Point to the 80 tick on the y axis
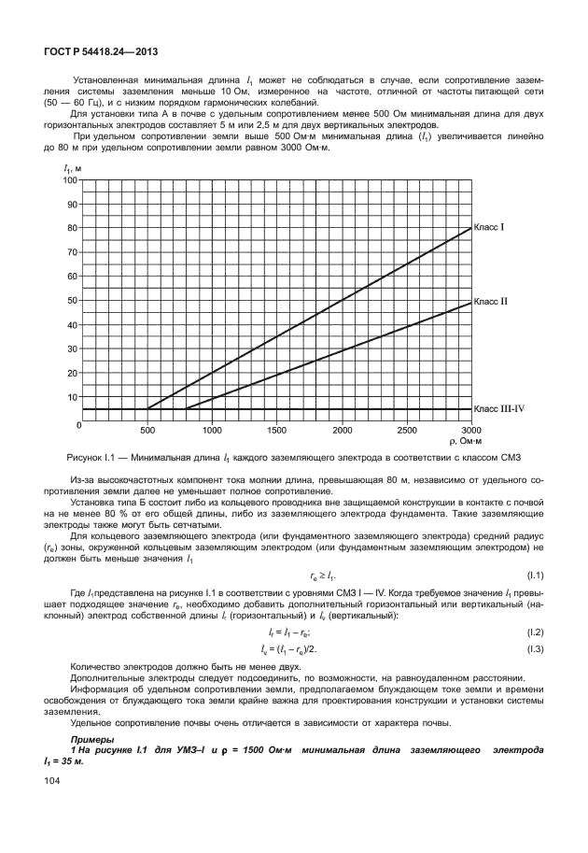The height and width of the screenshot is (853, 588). pyautogui.click(x=71, y=228)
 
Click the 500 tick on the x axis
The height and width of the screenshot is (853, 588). pyautogui.click(x=147, y=432)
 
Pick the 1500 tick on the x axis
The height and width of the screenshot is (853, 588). pyautogui.click(x=277, y=432)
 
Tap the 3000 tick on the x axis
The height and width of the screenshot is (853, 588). pyautogui.click(x=472, y=432)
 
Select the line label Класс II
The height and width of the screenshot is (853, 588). pyautogui.click(x=492, y=302)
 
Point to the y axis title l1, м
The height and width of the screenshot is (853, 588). pyautogui.click(x=72, y=166)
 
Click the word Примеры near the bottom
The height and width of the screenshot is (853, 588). pyautogui.click(x=91, y=739)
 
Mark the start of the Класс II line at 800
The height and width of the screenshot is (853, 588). pyautogui.click(x=186, y=408)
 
